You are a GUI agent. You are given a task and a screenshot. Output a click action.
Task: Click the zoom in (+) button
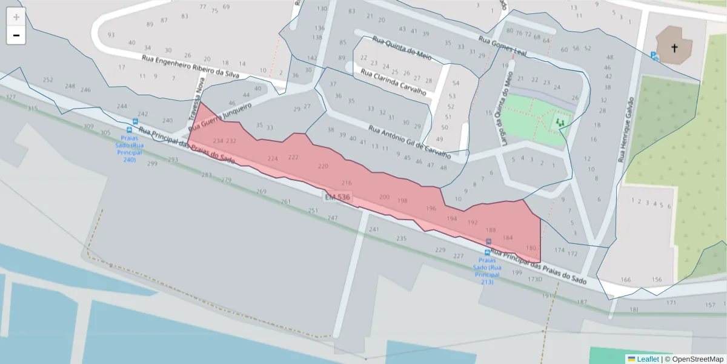(16, 17)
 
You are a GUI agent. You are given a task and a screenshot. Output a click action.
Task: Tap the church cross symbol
(674, 47)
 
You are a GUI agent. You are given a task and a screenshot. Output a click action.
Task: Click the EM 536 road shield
(337, 198)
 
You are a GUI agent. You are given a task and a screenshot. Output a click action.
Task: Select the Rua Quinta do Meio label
(403, 48)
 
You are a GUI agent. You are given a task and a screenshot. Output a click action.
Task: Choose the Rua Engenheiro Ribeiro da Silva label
(190, 67)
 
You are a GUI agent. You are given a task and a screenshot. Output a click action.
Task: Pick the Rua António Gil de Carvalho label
(410, 141)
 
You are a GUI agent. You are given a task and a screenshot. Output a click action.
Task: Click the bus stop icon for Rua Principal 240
(129, 129)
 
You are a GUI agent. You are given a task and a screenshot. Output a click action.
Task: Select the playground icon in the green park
(560, 123)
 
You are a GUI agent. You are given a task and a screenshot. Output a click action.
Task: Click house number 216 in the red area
(347, 183)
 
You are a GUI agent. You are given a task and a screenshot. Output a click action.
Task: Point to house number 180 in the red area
(531, 248)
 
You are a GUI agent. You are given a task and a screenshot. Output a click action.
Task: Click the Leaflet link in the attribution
(648, 359)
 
